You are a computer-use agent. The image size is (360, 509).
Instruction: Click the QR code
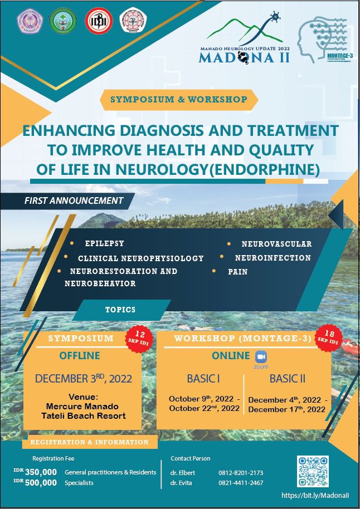coord(313,471)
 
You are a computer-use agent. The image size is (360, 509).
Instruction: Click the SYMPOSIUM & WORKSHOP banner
coord(179,100)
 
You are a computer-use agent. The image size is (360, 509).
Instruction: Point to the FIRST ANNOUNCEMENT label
coord(74,200)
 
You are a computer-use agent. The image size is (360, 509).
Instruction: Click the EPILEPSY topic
coord(105,243)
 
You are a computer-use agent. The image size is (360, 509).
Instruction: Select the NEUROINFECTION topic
coord(273,258)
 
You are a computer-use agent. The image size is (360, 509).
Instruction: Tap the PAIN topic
coord(238,272)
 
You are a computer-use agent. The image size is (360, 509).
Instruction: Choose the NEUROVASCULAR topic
coord(276,244)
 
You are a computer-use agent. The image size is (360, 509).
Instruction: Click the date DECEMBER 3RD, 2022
coord(84,379)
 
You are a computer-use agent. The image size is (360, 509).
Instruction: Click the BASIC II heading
coord(287,379)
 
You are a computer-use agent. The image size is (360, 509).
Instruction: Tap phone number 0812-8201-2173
coord(241,473)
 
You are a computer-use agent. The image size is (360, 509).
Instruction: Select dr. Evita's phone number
coord(241,483)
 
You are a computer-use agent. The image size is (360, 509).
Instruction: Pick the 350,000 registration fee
coord(41,472)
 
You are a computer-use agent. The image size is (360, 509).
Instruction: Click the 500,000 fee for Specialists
coord(41,483)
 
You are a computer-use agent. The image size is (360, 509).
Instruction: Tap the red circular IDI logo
coord(98,20)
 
